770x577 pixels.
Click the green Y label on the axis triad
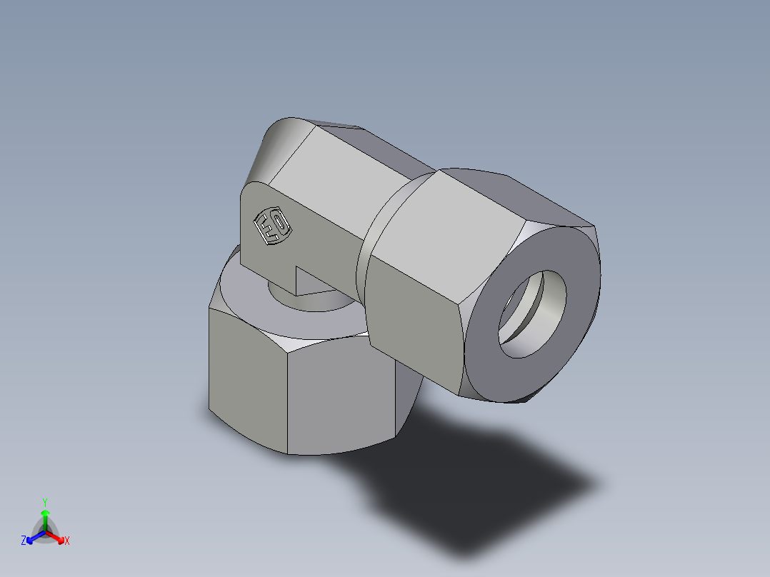tap(44, 502)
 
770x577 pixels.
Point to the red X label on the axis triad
tap(67, 541)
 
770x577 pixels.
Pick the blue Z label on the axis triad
tap(24, 541)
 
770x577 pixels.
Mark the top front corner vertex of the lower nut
tap(288, 350)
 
